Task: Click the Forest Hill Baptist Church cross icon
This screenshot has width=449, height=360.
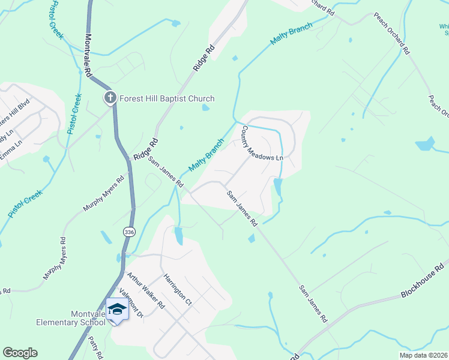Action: [x=110, y=98]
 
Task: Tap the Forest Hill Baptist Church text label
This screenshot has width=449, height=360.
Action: [x=167, y=98]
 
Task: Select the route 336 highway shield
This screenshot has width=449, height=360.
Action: [x=129, y=232]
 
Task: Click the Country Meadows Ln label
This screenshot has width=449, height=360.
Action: [x=262, y=143]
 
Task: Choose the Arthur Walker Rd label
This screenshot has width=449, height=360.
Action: [x=146, y=290]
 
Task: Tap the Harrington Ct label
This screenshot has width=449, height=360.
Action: [x=177, y=290]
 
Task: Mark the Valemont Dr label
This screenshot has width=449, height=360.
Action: [x=132, y=304]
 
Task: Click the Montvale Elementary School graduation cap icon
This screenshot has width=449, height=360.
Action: [x=117, y=310]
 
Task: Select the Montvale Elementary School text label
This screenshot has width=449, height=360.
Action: [x=71, y=317]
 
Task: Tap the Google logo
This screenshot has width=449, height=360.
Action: [x=20, y=353]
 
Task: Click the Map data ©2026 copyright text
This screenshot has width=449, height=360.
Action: [x=424, y=355]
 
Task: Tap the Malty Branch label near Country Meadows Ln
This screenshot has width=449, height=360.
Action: [x=206, y=155]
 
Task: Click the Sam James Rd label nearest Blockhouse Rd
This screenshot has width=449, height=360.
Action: [x=313, y=301]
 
